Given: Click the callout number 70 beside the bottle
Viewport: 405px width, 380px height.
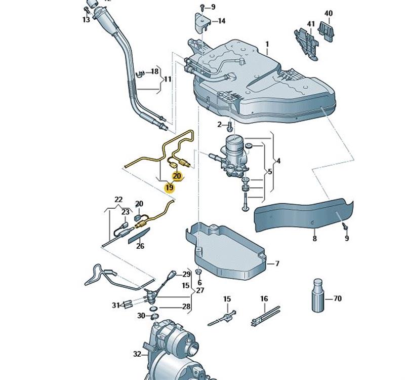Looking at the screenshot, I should coord(337,299).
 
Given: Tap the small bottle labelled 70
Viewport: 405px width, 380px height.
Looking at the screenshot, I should coord(317,295).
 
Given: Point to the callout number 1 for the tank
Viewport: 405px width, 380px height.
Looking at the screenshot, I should coord(267,45).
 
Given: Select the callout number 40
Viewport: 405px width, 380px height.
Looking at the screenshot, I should coord(329,13).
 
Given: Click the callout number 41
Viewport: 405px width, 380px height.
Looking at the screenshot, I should coord(311,24).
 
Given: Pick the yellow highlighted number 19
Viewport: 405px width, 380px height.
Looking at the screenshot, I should coord(169,187).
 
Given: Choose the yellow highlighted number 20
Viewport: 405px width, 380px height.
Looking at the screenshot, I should coord(177,176).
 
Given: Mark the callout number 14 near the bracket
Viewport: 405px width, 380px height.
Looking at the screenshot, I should coord(222,21).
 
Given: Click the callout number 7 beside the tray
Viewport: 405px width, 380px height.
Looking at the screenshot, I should coord(276,264).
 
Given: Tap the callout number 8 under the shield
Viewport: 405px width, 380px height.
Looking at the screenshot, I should coord(314,238).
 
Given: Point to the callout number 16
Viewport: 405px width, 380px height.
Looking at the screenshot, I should coord(264,299).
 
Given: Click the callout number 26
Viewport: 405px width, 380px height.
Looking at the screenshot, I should coord(140,247).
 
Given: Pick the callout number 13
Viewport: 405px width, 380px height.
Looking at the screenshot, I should coord(86,20).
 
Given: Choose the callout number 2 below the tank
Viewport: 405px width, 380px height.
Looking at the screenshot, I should coord(220,125).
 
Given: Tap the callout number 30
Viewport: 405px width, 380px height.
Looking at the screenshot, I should coord(141,316).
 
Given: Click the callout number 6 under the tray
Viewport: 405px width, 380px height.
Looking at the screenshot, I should coord(199,283).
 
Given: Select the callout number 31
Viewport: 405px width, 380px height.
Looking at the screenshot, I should coord(115,305).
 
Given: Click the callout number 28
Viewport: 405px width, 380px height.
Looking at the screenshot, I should coord(186,307).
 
